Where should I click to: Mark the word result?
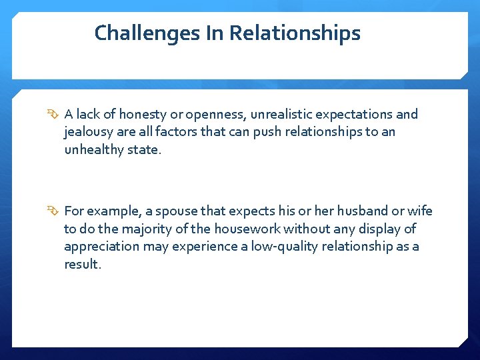pyautogui.click(x=82, y=264)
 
